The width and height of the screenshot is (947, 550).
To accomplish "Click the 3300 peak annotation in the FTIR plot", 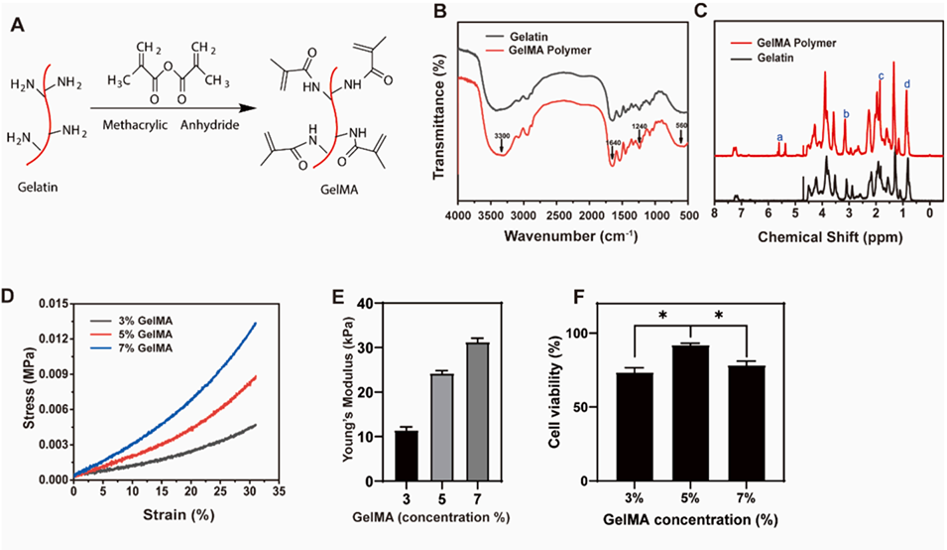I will coord(501,133).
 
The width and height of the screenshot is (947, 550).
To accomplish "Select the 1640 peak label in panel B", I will coord(616,142).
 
